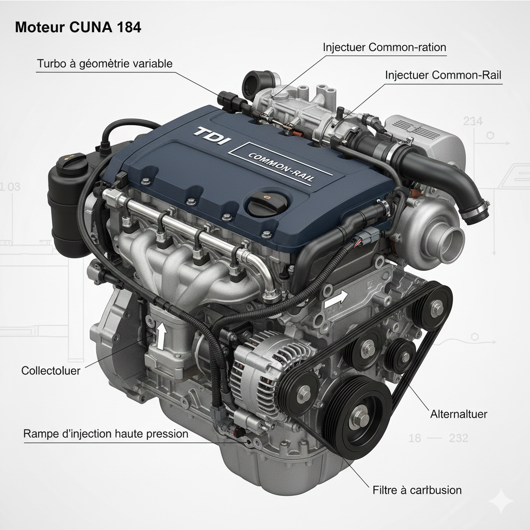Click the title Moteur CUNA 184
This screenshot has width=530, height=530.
pos(78,27)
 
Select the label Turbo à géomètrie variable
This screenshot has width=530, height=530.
pos(105,64)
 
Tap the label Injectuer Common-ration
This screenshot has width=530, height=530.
pos(385,47)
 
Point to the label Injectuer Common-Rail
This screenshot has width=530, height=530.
pos(443,75)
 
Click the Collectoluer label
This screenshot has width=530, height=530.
pos(51,371)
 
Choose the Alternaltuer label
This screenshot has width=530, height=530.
pos(459,414)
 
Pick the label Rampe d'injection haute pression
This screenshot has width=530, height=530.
pos(106,434)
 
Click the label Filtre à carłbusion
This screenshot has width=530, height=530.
pos(417,490)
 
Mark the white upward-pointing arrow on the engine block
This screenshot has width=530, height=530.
pos(162,336)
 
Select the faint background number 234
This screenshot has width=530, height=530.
pos(473,121)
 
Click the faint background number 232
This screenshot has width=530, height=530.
pos(459,438)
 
